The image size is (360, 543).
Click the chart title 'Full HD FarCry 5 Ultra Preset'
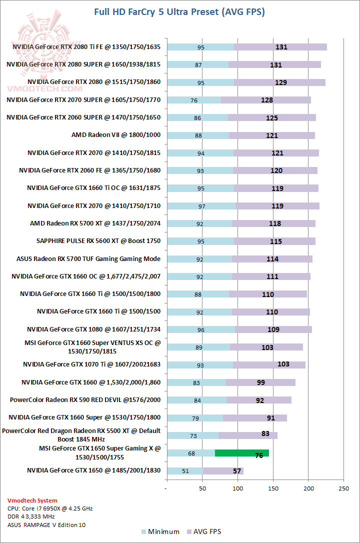tap(179, 11)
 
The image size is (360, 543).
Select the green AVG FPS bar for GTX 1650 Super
tap(242, 453)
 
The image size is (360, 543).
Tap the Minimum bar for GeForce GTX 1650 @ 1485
tap(185, 470)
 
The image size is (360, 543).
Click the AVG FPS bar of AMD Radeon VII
tap(272, 135)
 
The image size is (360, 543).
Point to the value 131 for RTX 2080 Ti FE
tap(281, 47)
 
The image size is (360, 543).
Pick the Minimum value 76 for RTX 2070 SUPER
tap(194, 100)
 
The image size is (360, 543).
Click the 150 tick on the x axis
tap(273, 488)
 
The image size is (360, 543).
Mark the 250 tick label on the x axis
tap(343, 488)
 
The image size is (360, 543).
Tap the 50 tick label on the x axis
tap(202, 488)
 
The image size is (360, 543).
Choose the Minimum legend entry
tap(160, 531)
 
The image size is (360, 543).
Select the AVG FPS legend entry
tap(203, 531)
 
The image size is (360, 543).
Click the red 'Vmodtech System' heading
tap(32, 500)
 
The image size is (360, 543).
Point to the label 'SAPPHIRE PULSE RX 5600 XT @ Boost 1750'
tap(98, 241)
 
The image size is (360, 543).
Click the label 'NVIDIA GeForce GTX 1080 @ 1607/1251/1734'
tap(94, 329)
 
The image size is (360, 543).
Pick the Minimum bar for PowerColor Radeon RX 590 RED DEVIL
tap(197, 400)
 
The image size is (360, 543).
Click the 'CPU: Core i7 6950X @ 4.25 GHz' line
tap(50, 508)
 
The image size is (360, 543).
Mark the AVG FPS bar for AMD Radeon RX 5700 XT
tap(273, 223)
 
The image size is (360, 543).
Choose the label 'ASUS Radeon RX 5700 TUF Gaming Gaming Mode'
tap(88, 258)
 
